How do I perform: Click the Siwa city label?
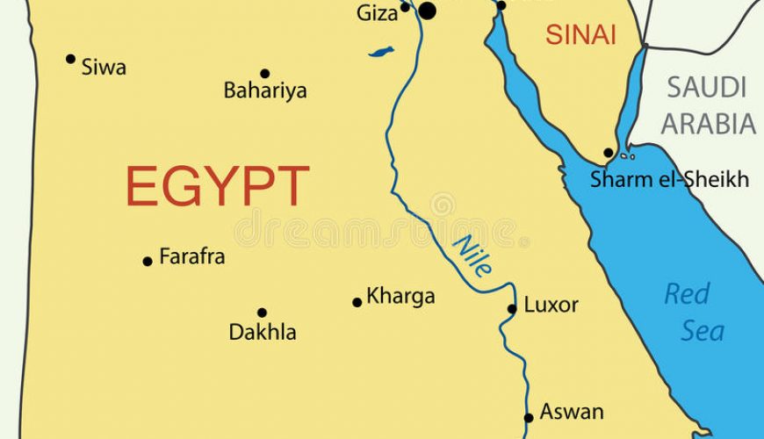click(104, 67)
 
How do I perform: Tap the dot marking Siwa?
click(71, 59)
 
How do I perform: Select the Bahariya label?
click(265, 90)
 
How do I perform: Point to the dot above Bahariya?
click(264, 74)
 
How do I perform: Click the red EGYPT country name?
click(217, 186)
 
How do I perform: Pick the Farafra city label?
click(191, 257)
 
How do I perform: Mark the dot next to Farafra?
click(148, 261)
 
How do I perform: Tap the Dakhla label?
click(263, 333)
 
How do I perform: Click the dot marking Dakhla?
click(262, 313)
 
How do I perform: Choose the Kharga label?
click(400, 297)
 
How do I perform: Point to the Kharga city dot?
click(357, 303)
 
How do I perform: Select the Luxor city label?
click(551, 306)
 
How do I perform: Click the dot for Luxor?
click(513, 308)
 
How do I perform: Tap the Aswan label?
click(572, 411)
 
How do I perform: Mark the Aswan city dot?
click(529, 418)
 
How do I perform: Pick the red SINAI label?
click(580, 35)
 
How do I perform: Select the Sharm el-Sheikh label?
click(669, 180)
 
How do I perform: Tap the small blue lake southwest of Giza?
click(381, 53)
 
